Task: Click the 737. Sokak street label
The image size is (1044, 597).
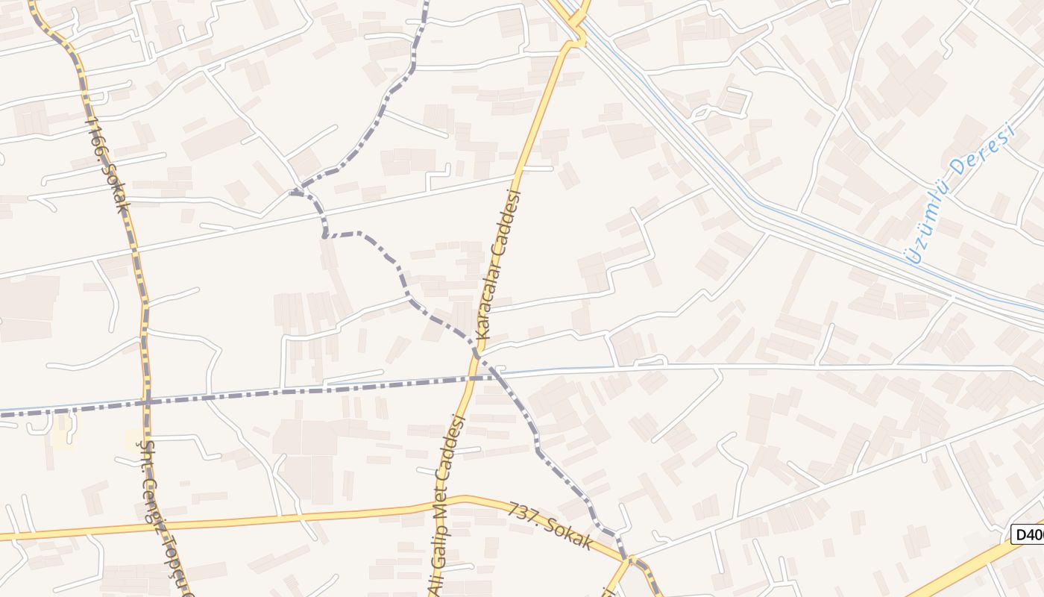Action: point(550,527)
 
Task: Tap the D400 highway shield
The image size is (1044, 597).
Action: point(1028,534)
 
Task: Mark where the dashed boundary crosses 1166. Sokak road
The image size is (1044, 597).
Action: point(147,401)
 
